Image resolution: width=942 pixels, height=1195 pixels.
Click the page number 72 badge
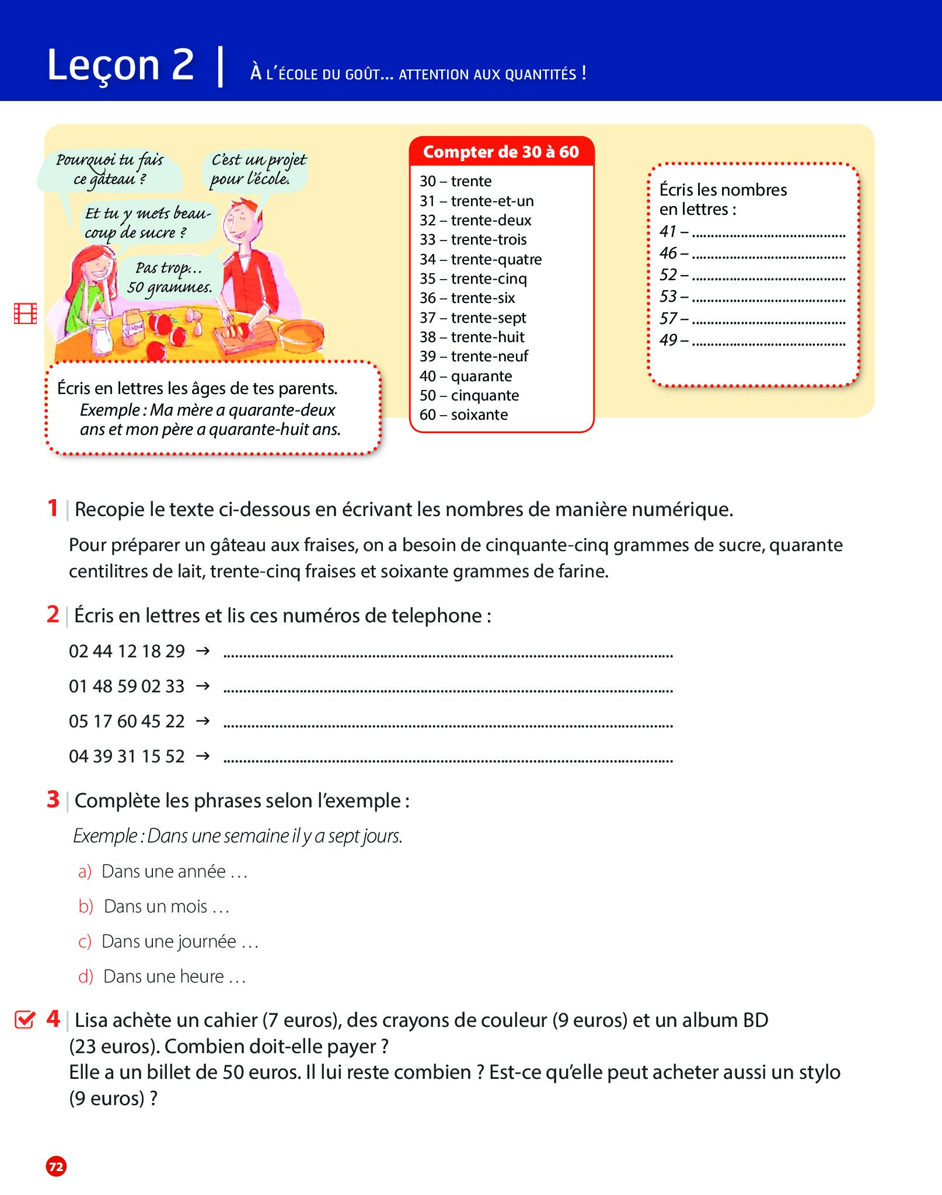tap(56, 1166)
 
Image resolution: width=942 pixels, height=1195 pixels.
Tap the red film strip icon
tap(26, 313)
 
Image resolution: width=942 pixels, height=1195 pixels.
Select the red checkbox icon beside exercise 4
tap(25, 1019)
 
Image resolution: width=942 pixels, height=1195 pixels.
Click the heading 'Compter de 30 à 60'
tap(501, 152)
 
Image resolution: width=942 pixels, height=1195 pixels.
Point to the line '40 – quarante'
tap(466, 376)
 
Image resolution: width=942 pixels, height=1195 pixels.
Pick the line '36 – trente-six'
tap(467, 298)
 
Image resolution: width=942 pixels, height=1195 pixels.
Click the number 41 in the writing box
tap(668, 231)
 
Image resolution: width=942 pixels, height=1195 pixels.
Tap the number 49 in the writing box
tap(668, 340)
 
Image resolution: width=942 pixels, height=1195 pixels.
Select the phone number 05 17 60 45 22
tap(127, 722)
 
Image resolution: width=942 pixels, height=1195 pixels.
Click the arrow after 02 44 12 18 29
tap(203, 650)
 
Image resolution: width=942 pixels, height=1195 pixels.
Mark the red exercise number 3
tap(53, 799)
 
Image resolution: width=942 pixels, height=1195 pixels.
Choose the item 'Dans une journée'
tap(169, 941)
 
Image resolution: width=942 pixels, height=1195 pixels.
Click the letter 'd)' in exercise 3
tap(86, 976)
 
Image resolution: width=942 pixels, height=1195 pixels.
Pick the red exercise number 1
tap(53, 508)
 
